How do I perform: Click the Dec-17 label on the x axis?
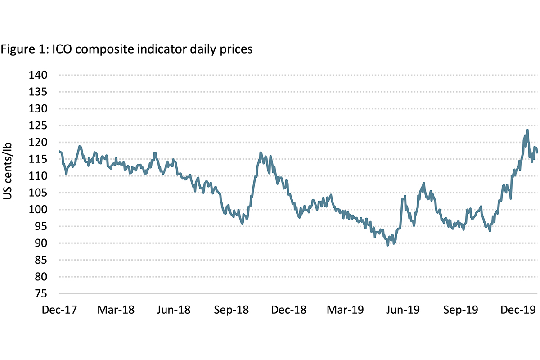[59, 310]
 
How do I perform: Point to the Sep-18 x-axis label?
[232, 310]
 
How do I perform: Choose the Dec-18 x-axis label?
[289, 310]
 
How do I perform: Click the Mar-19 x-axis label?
[346, 310]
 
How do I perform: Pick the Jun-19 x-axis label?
[403, 310]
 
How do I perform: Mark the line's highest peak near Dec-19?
[527, 130]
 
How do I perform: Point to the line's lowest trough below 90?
[388, 245]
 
